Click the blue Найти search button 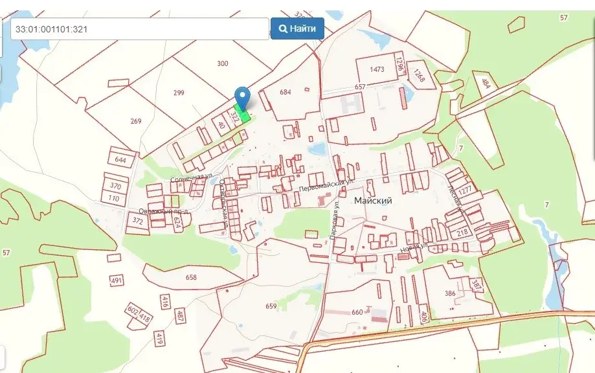pos(297,28)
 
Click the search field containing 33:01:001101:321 pos(139,28)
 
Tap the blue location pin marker pos(243,96)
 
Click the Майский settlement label pos(373,201)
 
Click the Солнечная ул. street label pos(192,176)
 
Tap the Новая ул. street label pos(414,247)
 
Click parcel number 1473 pos(377,69)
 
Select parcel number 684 pos(286,92)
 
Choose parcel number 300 pos(223,63)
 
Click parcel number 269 pos(136,121)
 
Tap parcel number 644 pos(120,159)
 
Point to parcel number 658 pos(190,277)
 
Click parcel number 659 pos(271,306)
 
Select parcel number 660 pos(357,312)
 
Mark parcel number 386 pos(450,293)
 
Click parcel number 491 pos(117,280)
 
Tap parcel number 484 pos(486,82)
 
